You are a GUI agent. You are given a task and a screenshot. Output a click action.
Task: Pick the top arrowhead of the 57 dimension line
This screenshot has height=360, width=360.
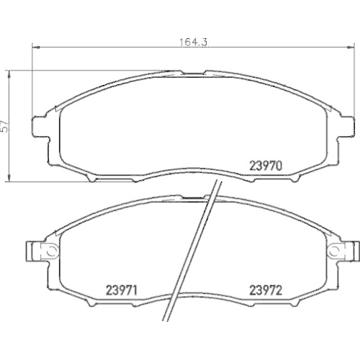point(9,72)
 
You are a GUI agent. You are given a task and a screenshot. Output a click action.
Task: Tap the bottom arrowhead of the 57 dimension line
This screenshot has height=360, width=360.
point(9,180)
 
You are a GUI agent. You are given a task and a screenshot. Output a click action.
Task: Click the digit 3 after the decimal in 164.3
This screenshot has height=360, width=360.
point(205,42)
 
